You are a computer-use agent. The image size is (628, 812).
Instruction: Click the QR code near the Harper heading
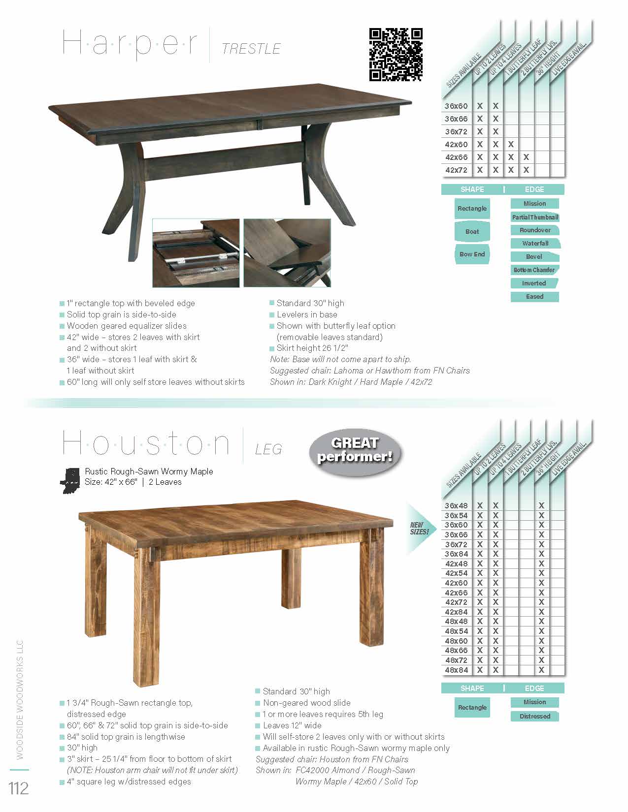[396, 55]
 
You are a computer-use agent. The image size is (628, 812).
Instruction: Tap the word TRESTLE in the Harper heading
[251, 49]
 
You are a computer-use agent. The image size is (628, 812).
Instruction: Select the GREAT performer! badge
[355, 450]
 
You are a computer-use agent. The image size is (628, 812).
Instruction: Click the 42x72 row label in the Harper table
[456, 170]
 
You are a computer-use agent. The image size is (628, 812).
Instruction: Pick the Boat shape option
[472, 231]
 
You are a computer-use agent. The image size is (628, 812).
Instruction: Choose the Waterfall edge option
[535, 243]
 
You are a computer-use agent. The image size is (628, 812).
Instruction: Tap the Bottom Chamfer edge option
[534, 270]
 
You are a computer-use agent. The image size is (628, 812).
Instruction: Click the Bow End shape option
[472, 254]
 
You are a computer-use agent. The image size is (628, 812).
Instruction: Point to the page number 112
[19, 788]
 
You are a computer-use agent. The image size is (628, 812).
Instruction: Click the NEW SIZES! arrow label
[420, 529]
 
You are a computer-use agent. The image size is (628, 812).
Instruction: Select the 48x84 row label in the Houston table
[456, 670]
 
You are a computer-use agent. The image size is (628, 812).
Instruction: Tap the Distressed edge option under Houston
[534, 716]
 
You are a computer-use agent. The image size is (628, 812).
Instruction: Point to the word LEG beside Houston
[268, 449]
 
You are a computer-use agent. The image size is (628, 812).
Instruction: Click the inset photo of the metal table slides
[196, 253]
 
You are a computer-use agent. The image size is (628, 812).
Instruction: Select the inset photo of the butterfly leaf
[287, 253]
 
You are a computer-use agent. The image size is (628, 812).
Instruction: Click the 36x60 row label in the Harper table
[456, 106]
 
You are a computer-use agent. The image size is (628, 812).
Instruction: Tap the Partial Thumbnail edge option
[535, 217]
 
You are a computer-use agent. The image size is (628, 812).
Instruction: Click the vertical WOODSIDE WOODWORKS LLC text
[20, 699]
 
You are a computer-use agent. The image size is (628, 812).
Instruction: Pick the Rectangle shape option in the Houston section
[472, 708]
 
